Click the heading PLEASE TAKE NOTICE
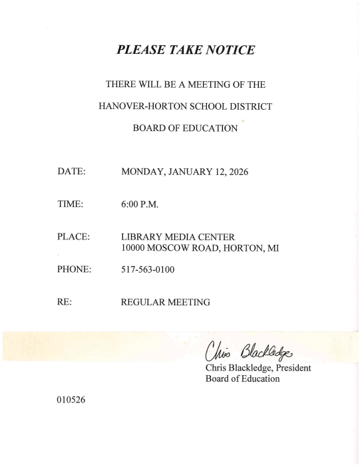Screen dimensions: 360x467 click(x=186, y=49)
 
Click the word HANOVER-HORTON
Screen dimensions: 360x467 click(x=138, y=106)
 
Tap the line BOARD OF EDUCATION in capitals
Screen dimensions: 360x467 click(x=185, y=128)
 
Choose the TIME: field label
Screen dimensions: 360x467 click(x=71, y=205)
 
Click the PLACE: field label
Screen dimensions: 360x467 click(x=73, y=237)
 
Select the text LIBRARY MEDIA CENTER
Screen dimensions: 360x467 click(x=178, y=237)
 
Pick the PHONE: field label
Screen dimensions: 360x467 click(x=74, y=270)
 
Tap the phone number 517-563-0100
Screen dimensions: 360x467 click(x=148, y=270)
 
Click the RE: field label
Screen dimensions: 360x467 click(x=65, y=303)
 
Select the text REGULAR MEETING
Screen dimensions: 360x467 click(x=166, y=303)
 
